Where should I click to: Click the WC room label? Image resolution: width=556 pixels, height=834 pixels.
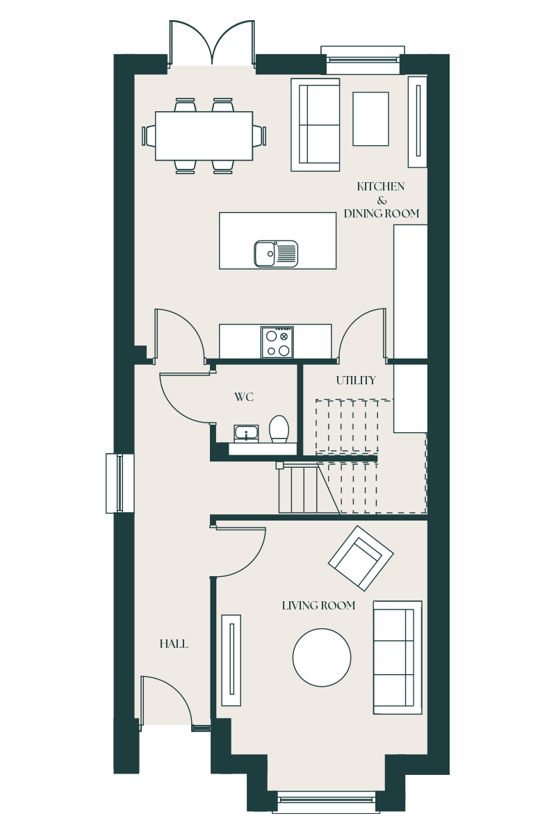(244, 397)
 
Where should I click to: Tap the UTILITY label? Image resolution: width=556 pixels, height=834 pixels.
(356, 380)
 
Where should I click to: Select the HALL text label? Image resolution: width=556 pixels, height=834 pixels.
(174, 644)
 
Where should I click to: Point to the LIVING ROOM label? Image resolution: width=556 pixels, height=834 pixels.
(318, 605)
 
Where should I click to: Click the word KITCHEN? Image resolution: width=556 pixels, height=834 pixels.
(381, 186)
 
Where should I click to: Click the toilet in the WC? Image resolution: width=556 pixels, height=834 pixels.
(279, 429)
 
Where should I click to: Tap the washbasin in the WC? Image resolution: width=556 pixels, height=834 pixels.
(246, 433)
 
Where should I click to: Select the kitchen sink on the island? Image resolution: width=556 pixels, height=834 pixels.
(276, 254)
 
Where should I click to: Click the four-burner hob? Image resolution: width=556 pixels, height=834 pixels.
(277, 342)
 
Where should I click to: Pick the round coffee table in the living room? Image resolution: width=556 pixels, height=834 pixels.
(322, 657)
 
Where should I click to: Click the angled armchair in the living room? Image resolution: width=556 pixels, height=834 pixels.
(361, 558)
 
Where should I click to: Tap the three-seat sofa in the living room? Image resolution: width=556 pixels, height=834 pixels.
(398, 657)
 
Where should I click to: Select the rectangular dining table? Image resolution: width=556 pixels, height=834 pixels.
(204, 136)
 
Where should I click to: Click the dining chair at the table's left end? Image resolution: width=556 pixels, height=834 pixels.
(149, 136)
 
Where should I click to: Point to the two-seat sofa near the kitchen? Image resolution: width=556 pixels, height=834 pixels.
(315, 124)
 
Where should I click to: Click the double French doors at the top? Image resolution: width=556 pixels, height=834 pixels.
(212, 44)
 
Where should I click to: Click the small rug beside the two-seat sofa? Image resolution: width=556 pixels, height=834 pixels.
(370, 119)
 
